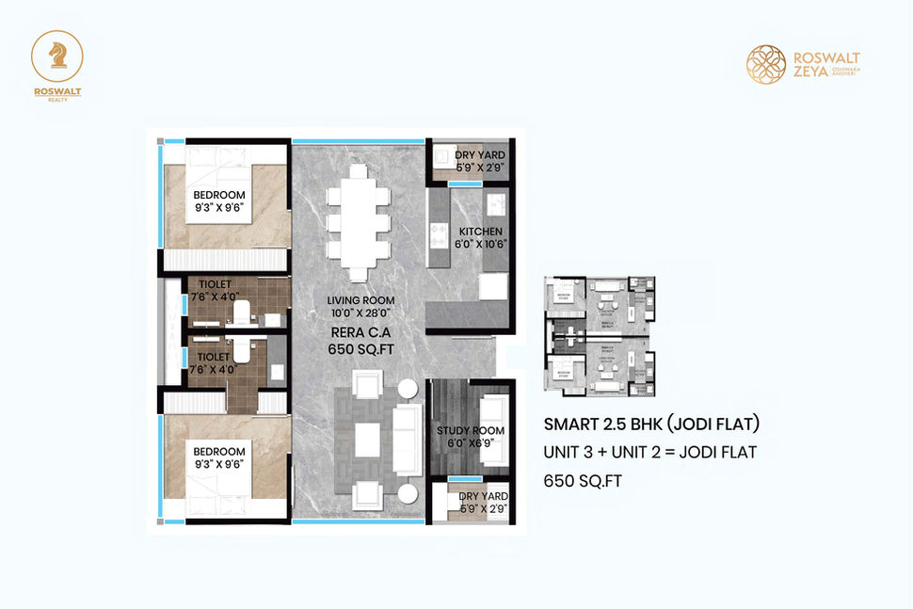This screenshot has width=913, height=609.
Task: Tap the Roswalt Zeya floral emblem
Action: click(x=766, y=63)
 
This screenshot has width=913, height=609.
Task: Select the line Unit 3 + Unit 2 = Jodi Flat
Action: click(x=650, y=452)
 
